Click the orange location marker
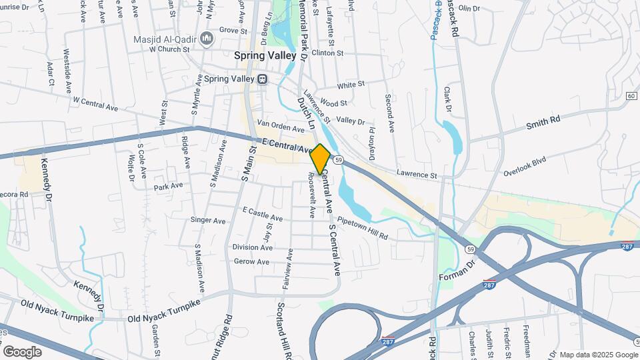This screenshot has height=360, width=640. click(x=321, y=159)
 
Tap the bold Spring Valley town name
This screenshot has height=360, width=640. click(x=265, y=57)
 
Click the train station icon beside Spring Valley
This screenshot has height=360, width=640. click(x=263, y=79)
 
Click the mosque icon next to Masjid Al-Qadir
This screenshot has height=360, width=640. click(x=207, y=37)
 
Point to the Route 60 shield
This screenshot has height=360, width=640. click(x=631, y=96)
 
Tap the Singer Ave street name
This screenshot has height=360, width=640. click(x=208, y=220)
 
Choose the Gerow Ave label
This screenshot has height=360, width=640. click(x=251, y=262)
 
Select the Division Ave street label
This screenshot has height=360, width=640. click(x=252, y=247)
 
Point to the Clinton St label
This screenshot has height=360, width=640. click(x=327, y=53)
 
